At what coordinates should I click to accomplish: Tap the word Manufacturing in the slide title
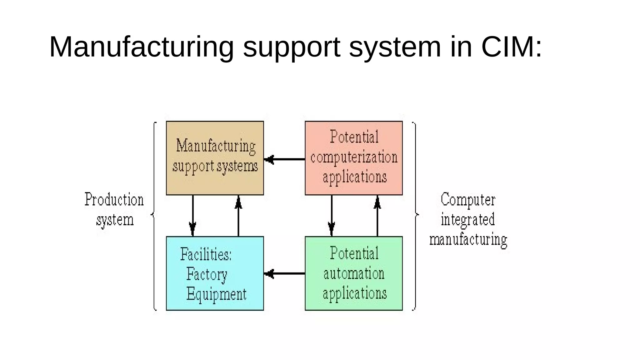pyautogui.click(x=141, y=47)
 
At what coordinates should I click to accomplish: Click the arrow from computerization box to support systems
pyautogui.click(x=284, y=159)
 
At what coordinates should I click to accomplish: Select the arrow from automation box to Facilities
pyautogui.click(x=284, y=274)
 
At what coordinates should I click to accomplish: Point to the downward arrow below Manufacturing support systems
pyautogui.click(x=193, y=216)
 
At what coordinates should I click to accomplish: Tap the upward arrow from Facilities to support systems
pyautogui.click(x=238, y=216)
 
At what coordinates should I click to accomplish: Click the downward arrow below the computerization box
pyautogui.click(x=332, y=216)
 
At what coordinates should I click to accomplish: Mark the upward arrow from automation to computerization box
pyautogui.click(x=377, y=216)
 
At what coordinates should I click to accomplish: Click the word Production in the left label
pyautogui.click(x=114, y=200)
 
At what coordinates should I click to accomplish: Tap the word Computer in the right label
pyautogui.click(x=468, y=200)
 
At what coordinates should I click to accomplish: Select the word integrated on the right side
pyautogui.click(x=468, y=219)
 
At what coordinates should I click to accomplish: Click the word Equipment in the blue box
pyautogui.click(x=216, y=294)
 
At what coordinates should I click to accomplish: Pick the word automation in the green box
pyautogui.click(x=354, y=274)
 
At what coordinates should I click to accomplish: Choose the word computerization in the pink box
pyautogui.click(x=354, y=157)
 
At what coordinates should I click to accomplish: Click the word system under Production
pyautogui.click(x=115, y=220)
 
